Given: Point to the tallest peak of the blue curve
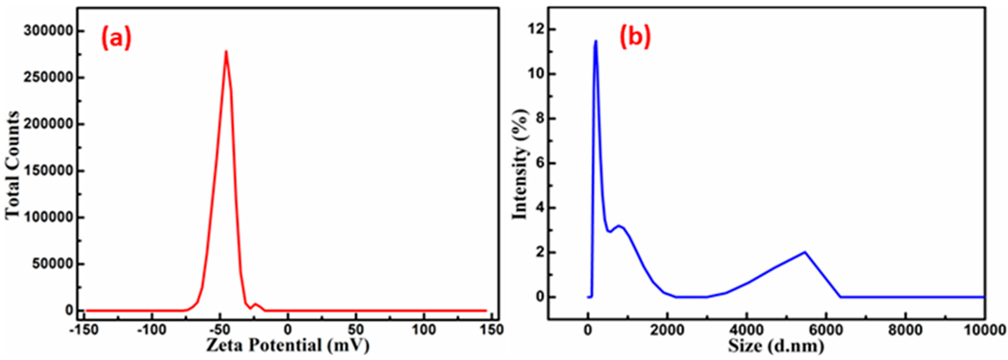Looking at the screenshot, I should pos(595,41).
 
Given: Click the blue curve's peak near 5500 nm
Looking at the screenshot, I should pos(805,252).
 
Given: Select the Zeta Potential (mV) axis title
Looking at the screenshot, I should pos(287,346).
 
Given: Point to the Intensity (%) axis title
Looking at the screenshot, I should pos(520,164).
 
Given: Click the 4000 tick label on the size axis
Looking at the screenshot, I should pos(747,330).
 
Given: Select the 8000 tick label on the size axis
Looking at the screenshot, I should pos(906,330).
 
